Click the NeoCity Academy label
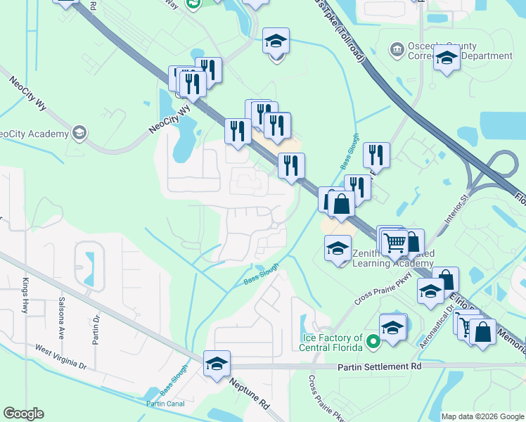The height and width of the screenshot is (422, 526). coord(33,134)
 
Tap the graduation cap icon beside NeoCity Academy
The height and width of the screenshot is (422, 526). coord(79,132)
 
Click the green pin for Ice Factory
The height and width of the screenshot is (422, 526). coord(373,343)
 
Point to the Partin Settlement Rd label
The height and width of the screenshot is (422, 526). coord(378,367)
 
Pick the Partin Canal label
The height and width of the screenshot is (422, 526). coord(164,404)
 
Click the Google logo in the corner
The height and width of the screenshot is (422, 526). coord(23,414)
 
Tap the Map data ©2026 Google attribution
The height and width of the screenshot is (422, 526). coord(482,416)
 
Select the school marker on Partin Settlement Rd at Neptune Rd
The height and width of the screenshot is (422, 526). coord(217,364)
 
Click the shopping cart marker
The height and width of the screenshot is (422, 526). coord(395,243)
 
